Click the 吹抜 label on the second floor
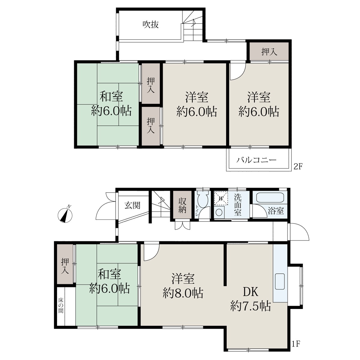tap(151, 25)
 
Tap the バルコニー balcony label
tap(257, 160)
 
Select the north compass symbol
tap(65, 215)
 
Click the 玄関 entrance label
tap(132, 206)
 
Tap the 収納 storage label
tap(182, 205)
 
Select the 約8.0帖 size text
tap(183, 293)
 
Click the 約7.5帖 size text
tap(250, 306)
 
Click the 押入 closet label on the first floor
tap(65, 266)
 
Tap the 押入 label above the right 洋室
tap(269, 52)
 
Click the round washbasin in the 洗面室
tap(218, 212)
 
